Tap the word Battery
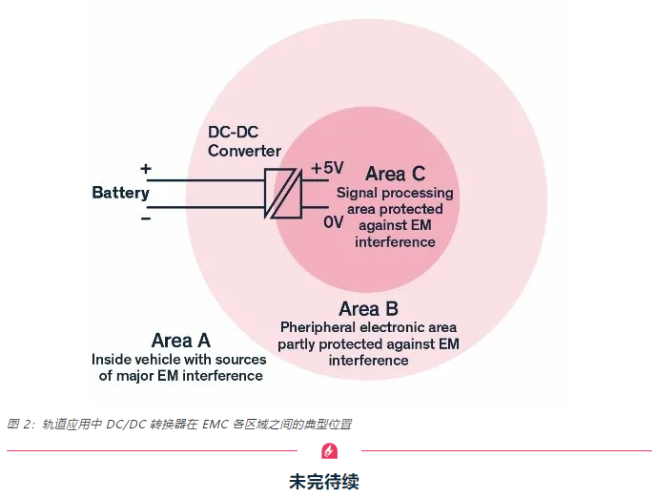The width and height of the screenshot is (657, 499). (120, 193)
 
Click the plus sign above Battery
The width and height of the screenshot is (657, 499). (146, 169)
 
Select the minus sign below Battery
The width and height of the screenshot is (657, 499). (146, 218)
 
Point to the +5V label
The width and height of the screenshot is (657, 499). (326, 168)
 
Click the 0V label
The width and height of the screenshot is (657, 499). (333, 221)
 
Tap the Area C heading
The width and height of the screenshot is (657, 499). (395, 174)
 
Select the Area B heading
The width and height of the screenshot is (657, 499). (368, 308)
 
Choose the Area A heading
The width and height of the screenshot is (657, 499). (180, 341)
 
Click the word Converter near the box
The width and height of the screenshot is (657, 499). (244, 151)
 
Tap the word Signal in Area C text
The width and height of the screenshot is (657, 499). (357, 193)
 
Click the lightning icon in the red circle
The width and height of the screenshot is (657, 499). (329, 450)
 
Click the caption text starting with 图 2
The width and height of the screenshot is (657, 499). (180, 424)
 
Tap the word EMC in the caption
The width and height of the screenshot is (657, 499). (215, 424)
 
